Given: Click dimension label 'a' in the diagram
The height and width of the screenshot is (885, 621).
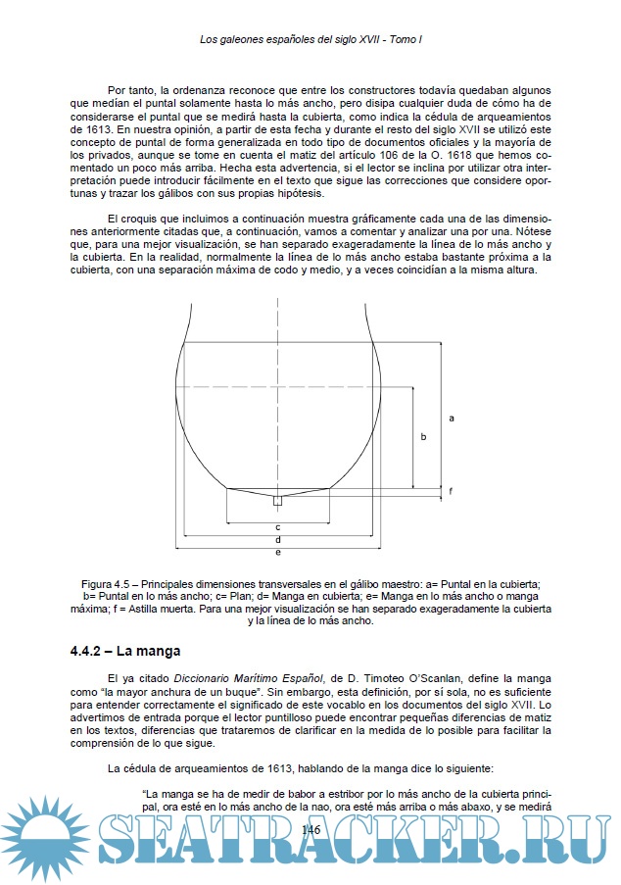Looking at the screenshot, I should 452,418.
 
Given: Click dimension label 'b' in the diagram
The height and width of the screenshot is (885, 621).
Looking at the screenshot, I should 423,437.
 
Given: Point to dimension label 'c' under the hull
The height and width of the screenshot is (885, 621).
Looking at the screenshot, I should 278,526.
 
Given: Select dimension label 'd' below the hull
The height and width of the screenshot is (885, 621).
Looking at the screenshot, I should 278,539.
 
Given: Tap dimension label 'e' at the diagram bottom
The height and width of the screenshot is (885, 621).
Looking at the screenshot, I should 278,552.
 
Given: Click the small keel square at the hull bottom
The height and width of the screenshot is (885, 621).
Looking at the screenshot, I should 278,501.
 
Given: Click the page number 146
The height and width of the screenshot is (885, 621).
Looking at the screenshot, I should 311,830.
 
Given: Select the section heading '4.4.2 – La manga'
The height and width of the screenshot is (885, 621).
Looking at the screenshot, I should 124,651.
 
